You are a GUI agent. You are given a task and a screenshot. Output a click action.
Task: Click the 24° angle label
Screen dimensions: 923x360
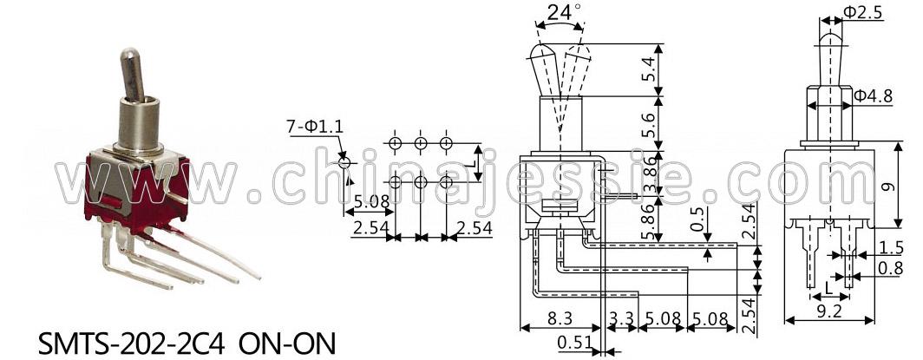pyautogui.click(x=564, y=12)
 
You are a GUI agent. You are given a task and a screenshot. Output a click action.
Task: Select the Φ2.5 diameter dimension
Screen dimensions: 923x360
pyautogui.click(x=862, y=12)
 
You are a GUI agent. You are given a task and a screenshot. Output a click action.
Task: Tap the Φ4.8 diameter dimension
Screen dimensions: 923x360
pyautogui.click(x=874, y=95)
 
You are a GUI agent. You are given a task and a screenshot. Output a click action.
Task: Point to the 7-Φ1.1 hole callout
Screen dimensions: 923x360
pyautogui.click(x=314, y=126)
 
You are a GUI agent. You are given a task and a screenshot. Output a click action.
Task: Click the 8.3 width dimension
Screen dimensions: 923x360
pyautogui.click(x=560, y=318)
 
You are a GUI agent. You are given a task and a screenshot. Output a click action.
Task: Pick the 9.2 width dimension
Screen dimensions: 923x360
pyautogui.click(x=830, y=311)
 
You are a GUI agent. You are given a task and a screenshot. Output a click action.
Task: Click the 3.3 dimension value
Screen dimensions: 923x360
pyautogui.click(x=621, y=318)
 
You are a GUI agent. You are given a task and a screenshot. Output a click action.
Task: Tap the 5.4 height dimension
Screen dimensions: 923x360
pyautogui.click(x=648, y=69)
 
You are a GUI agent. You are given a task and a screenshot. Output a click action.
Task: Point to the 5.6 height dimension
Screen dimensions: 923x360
pyautogui.click(x=648, y=124)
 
